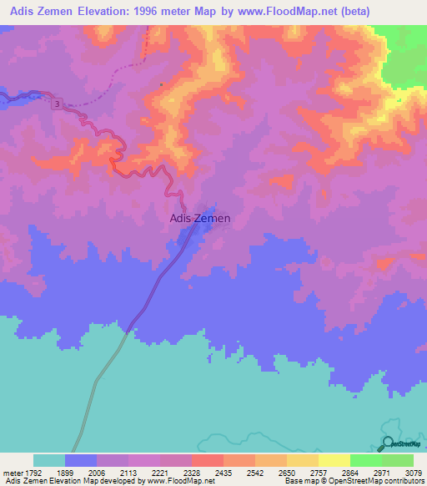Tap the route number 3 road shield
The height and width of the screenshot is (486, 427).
pyautogui.click(x=57, y=104)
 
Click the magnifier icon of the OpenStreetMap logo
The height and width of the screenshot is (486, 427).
pyautogui.click(x=389, y=445)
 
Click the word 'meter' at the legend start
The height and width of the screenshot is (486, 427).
pyautogui.click(x=13, y=472)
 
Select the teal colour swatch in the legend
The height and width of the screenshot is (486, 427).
pyautogui.click(x=49, y=460)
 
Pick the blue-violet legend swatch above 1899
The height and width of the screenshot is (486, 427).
pyautogui.click(x=81, y=460)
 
